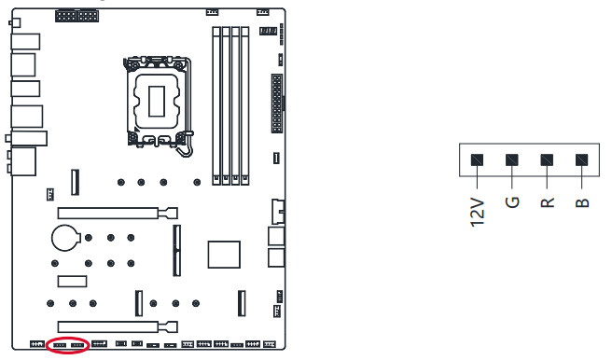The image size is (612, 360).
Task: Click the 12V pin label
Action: pos(478,213)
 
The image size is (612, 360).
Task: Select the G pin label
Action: pos(512,202)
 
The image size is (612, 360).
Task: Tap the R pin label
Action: pos(548,202)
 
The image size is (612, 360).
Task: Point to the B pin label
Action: pos(582,202)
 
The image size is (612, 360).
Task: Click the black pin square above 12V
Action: pos(477,159)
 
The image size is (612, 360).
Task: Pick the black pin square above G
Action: pos(512,159)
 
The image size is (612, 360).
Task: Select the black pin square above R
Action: pos(547,159)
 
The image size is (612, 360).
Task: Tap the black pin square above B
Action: pos(581,159)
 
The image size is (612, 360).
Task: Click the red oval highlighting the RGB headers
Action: pos(68,338)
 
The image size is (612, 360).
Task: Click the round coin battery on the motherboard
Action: pos(65,238)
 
